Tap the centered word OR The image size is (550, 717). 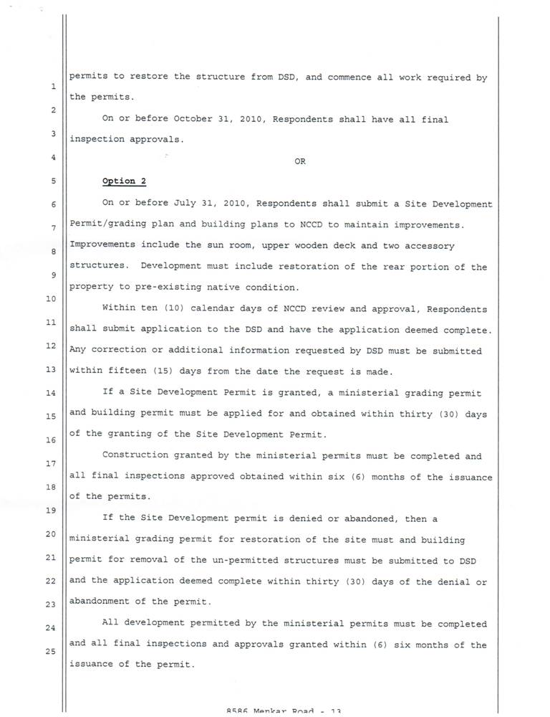point(300,161)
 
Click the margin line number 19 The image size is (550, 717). point(51,511)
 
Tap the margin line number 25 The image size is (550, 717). point(51,652)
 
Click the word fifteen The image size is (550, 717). point(125,371)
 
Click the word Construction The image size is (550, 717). point(135,455)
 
